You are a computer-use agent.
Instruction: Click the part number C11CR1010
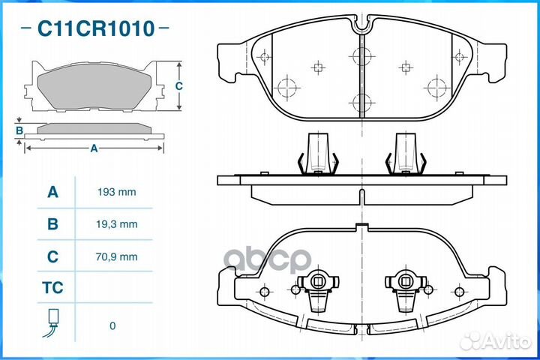96,28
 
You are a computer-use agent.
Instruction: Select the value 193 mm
117,192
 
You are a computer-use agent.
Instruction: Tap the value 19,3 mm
117,224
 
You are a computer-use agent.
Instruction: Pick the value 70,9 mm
117,256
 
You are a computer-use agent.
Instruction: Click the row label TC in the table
52,288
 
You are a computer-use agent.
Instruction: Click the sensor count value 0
112,326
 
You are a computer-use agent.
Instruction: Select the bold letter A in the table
52,192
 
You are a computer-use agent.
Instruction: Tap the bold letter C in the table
52,256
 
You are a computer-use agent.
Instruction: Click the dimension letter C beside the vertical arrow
178,86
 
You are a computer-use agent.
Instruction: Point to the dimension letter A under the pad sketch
94,148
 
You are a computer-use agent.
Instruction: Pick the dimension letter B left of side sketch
19,130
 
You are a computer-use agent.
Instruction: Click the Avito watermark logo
495,341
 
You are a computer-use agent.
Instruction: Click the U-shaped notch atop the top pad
361,25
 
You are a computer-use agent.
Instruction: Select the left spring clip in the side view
318,154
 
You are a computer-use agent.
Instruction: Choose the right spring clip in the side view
406,154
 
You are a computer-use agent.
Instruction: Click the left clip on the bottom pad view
318,289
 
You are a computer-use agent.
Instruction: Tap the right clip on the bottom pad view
406,289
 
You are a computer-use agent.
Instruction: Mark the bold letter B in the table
52,224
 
